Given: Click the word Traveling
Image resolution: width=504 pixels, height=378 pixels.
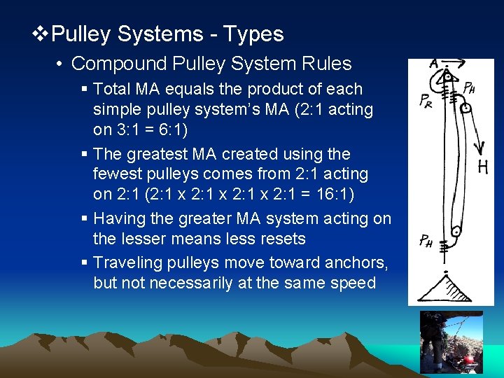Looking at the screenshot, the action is (127, 262).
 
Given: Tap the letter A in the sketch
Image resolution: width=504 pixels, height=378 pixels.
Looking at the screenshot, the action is (434, 63).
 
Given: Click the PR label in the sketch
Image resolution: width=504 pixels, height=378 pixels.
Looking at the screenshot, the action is (426, 101).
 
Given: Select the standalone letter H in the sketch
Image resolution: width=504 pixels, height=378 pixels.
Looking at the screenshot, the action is (482, 167).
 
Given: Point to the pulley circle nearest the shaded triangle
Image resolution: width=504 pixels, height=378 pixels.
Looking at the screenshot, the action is (456, 231).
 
